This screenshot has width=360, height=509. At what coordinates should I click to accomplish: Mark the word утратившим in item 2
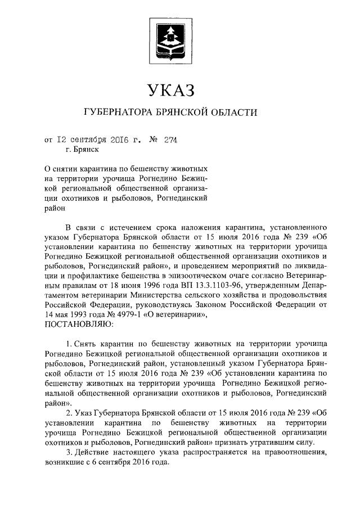coord(266,442)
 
